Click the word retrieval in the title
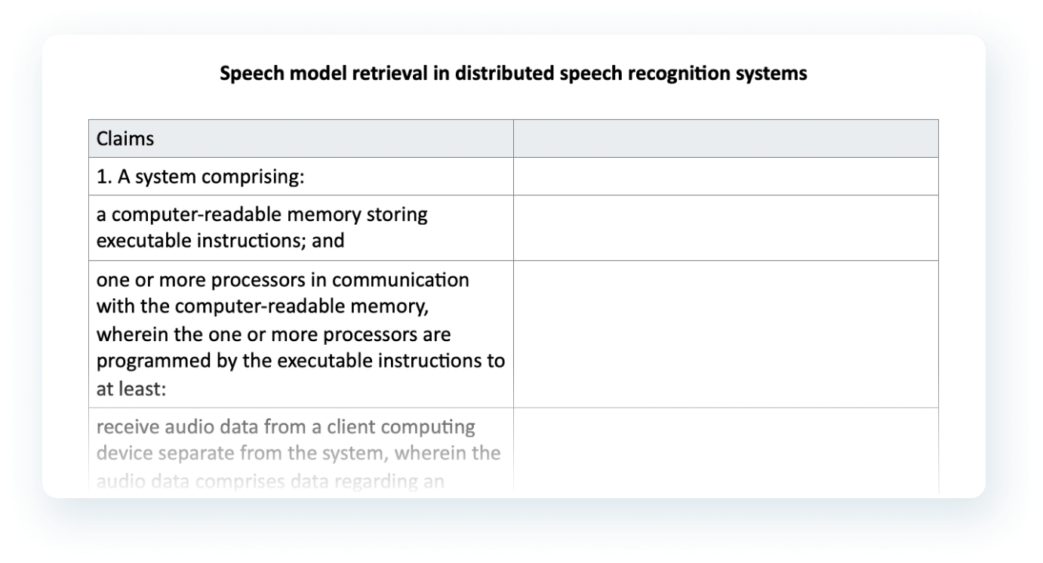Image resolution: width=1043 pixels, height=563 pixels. (389, 73)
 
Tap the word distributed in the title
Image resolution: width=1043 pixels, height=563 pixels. (504, 73)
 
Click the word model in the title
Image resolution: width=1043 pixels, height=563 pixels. (318, 73)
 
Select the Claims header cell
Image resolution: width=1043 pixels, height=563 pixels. (301, 138)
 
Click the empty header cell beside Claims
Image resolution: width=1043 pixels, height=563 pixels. (726, 138)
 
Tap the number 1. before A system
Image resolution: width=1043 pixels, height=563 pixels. (104, 177)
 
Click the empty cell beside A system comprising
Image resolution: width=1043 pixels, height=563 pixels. (726, 176)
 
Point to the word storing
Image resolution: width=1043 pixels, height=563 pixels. (397, 215)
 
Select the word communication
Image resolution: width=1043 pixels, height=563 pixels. (401, 280)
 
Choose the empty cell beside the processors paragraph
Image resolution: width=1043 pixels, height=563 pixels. (726, 334)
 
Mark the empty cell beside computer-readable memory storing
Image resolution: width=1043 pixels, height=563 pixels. (726, 228)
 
